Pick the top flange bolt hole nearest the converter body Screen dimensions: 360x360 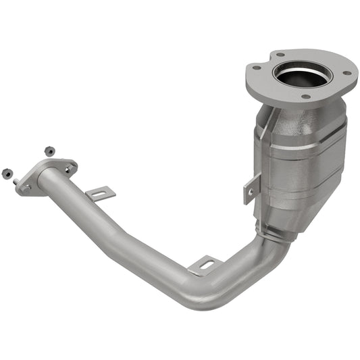click(x=305, y=97)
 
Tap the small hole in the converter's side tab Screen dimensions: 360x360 click(x=251, y=192)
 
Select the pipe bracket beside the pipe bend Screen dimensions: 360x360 click(x=203, y=265)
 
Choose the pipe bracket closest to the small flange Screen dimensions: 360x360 click(x=101, y=194)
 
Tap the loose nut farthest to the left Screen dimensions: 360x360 click(x=7, y=173)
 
